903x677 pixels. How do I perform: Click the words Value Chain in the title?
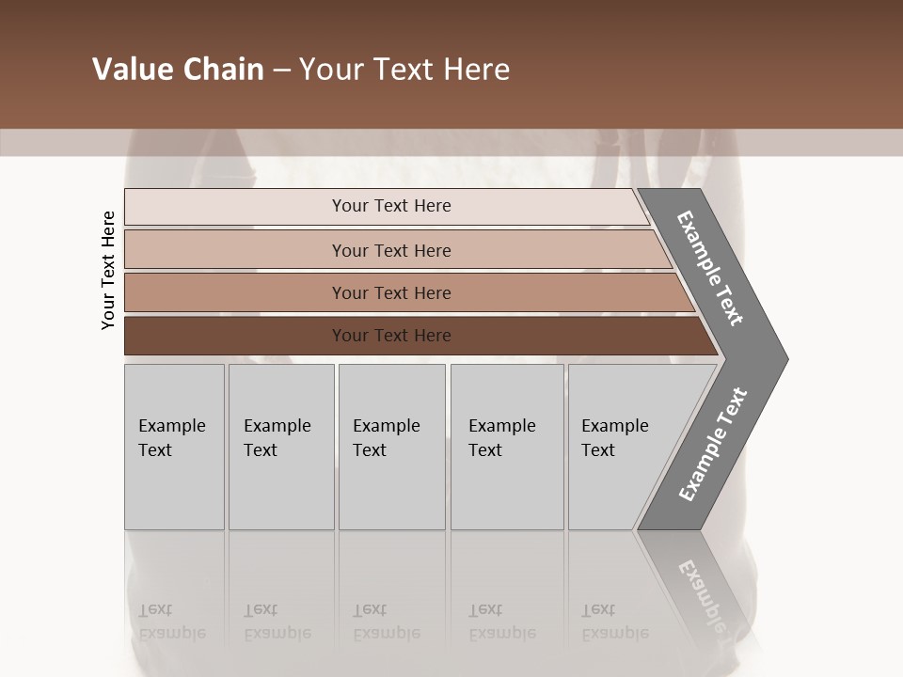pos(178,70)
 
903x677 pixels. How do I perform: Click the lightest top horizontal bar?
pos(235,207)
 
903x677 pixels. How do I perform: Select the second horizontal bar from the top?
pos(235,250)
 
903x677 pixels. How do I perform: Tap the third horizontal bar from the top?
pos(235,292)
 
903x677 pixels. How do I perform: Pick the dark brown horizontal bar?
pos(235,336)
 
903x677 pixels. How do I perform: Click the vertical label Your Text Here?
pos(108,270)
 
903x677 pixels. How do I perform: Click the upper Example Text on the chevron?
pos(711,268)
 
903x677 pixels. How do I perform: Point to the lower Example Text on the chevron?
pos(713,445)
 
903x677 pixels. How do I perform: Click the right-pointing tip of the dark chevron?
pos(781,358)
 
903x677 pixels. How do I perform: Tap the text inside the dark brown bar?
pos(391,336)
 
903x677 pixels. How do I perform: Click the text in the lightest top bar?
pos(391,206)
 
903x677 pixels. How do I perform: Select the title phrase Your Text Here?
pos(404,70)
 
